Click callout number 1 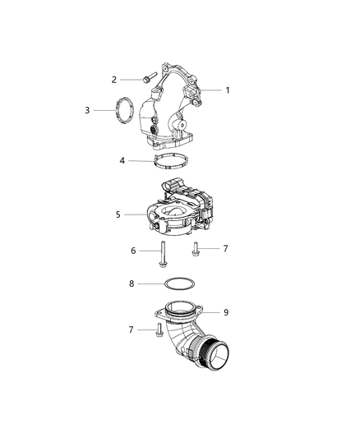(x=228, y=90)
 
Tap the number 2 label (x=114, y=80)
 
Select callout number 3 (x=87, y=109)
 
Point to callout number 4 (x=122, y=160)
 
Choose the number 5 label (x=118, y=214)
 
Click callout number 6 (x=133, y=251)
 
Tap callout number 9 (x=226, y=312)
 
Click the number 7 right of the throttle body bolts (x=227, y=247)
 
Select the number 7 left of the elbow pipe (x=131, y=329)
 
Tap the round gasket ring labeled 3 (x=124, y=110)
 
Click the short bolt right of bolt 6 (x=196, y=247)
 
